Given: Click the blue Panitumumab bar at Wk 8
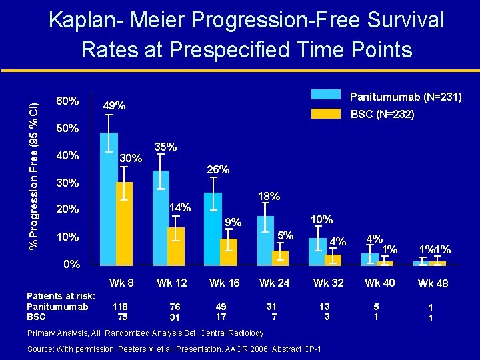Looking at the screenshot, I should (x=109, y=200).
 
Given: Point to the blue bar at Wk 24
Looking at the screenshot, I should (x=265, y=241).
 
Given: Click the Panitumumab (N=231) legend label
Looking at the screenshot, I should (x=405, y=97).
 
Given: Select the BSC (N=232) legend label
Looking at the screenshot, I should (x=382, y=115).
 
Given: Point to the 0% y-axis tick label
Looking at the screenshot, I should (x=71, y=264).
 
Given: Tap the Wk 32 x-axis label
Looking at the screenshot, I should (x=329, y=283).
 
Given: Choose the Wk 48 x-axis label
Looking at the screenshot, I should (x=433, y=283).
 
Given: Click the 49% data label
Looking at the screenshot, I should (x=113, y=106).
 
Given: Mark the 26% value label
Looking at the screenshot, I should (x=217, y=170).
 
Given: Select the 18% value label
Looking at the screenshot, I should (x=268, y=197).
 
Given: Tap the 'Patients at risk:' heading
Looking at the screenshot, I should (x=61, y=296).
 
